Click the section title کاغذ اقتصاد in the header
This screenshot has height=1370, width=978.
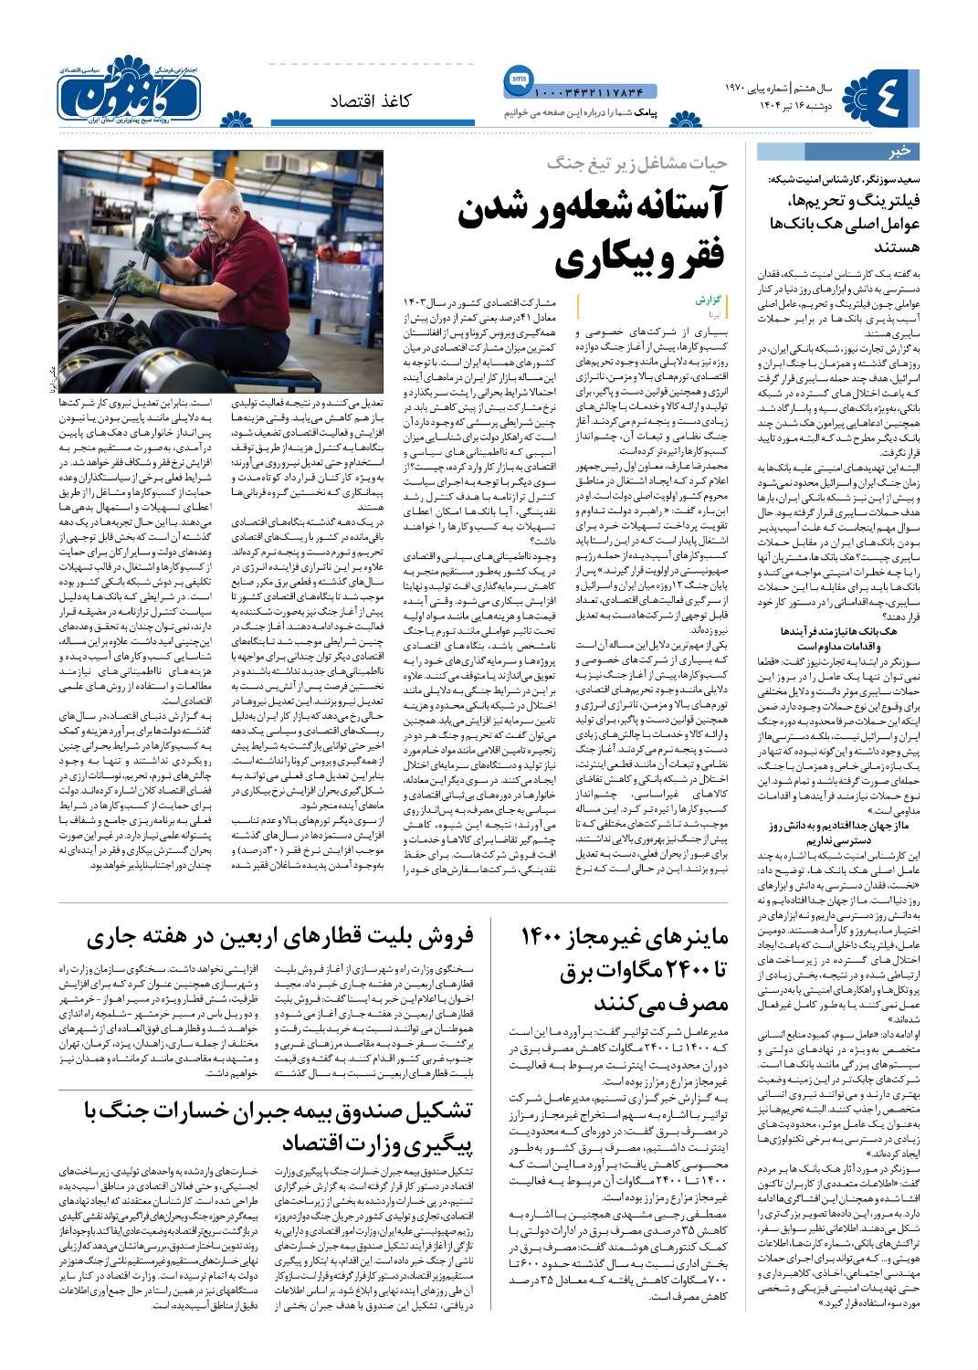pyautogui.click(x=371, y=101)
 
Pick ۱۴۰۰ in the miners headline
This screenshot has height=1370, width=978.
pyautogui.click(x=548, y=937)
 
